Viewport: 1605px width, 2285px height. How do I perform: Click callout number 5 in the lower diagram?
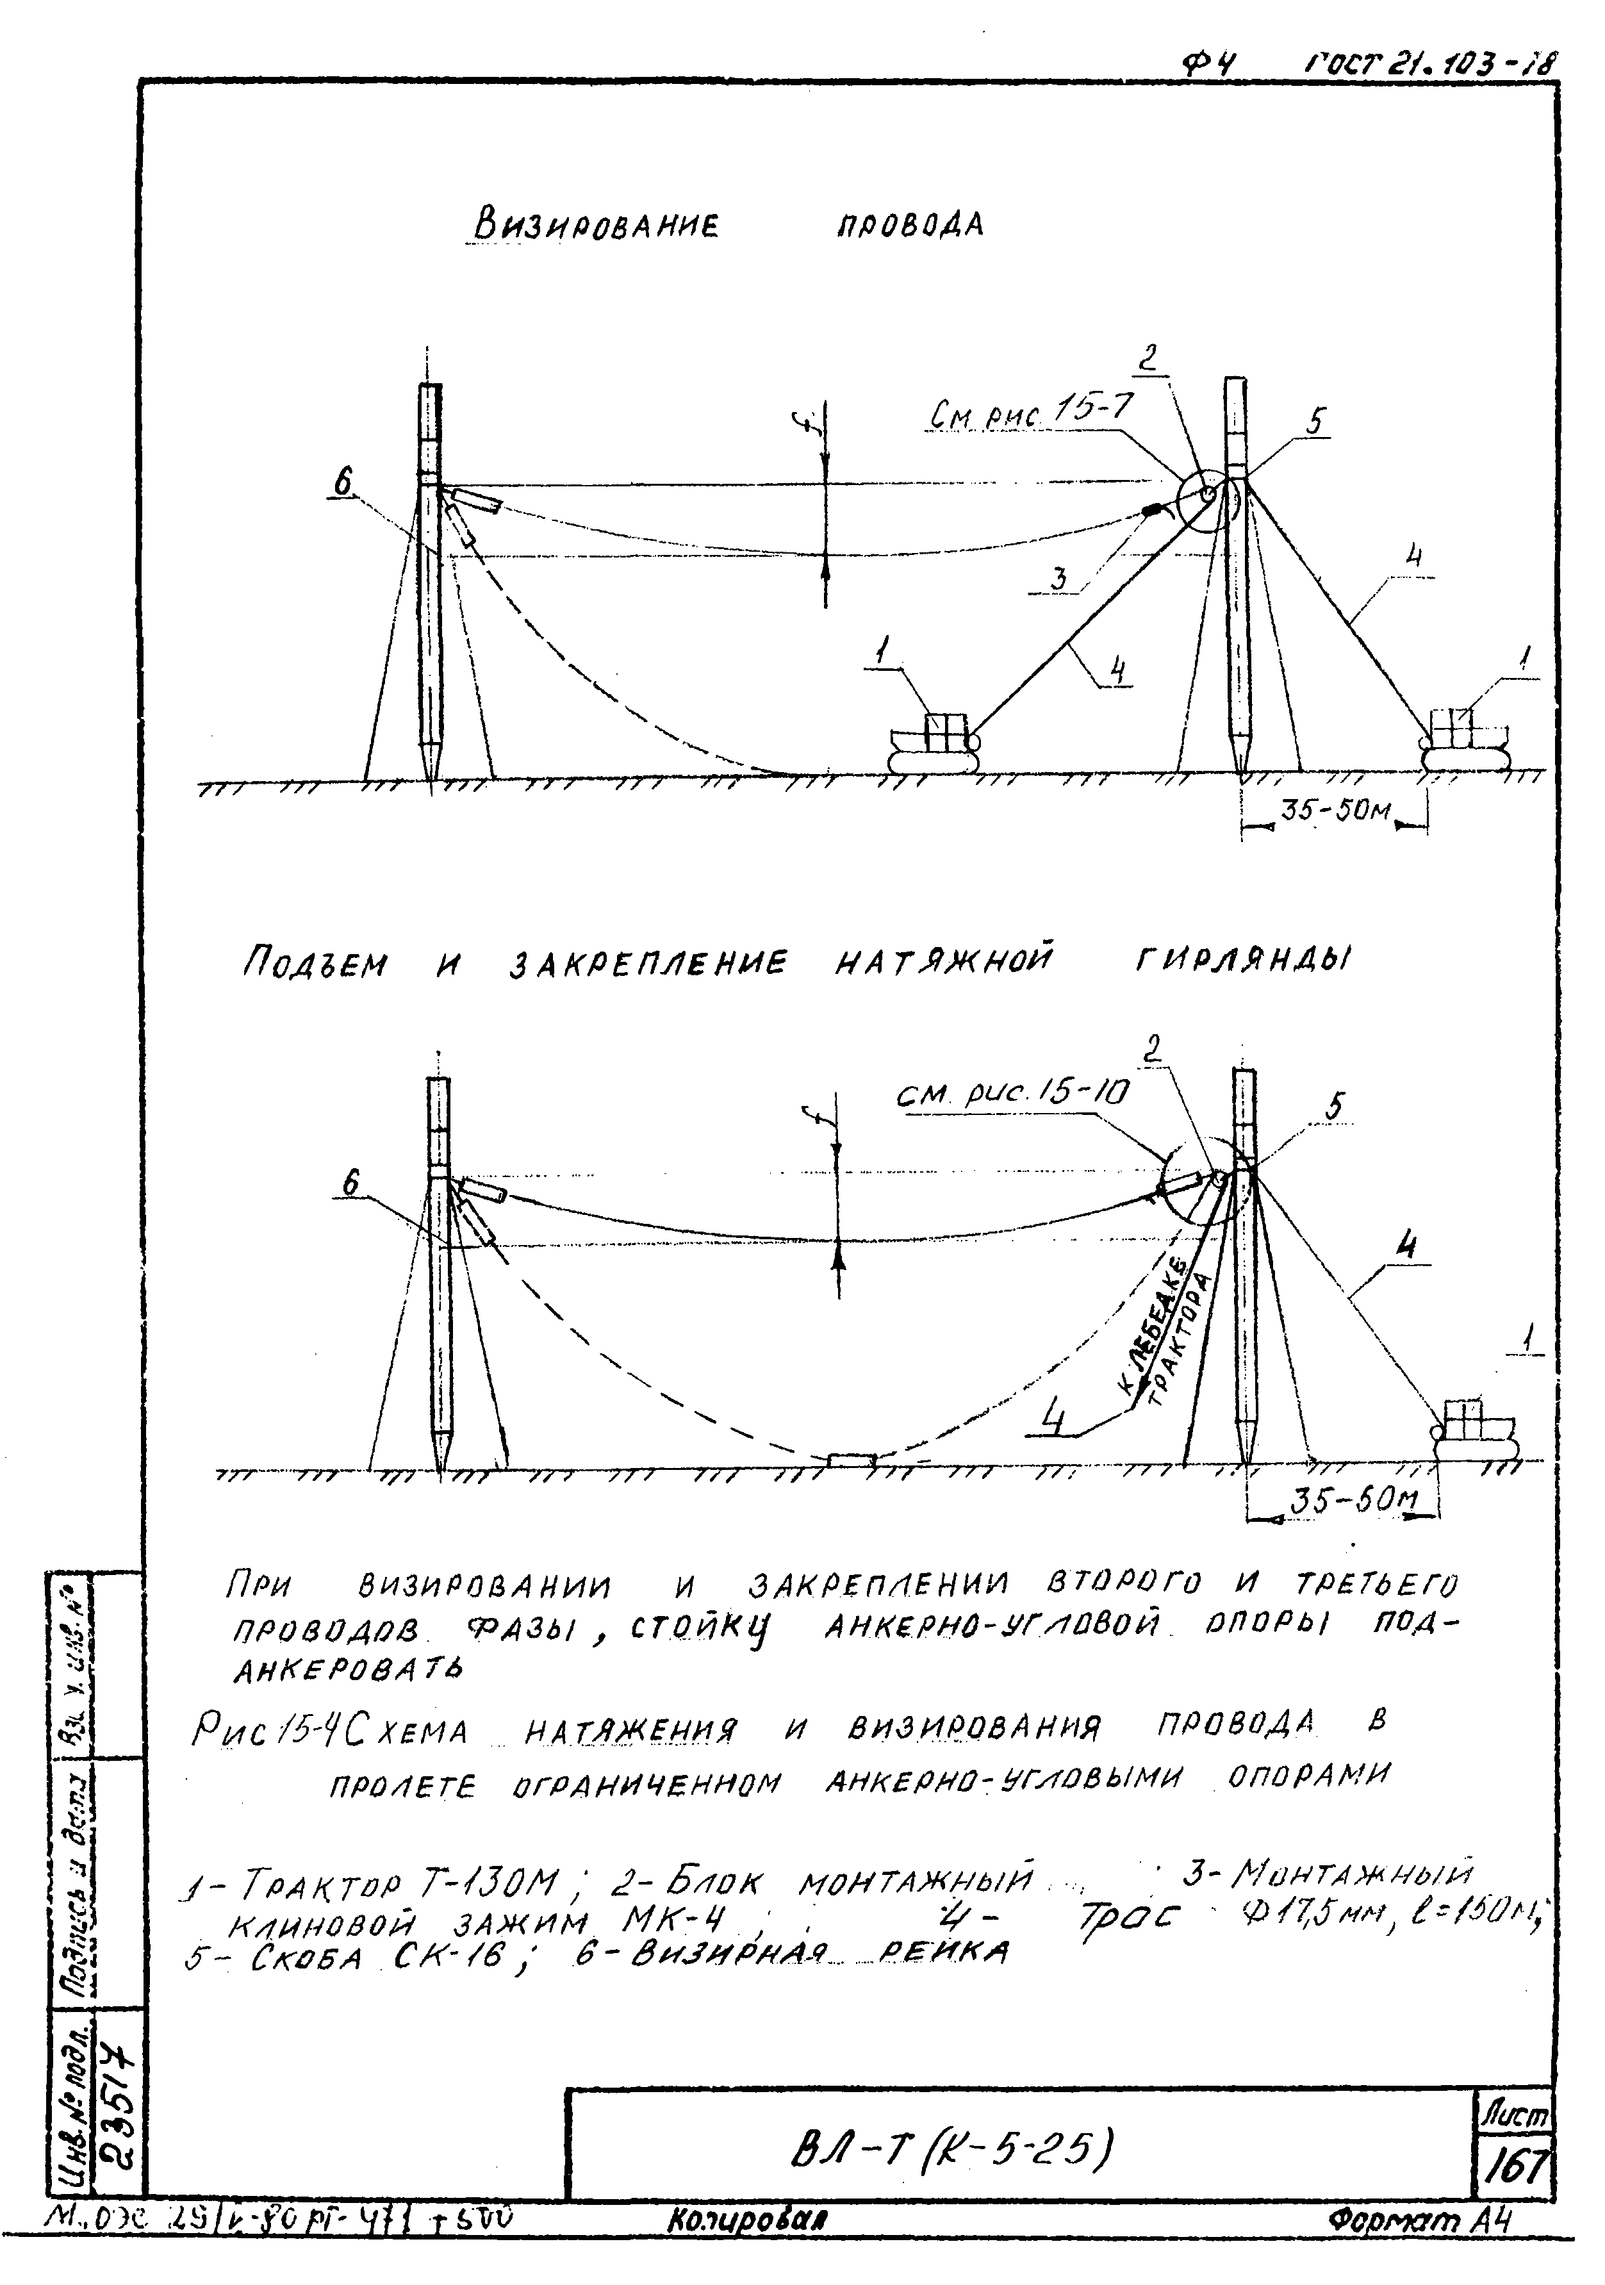click(1335, 1106)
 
